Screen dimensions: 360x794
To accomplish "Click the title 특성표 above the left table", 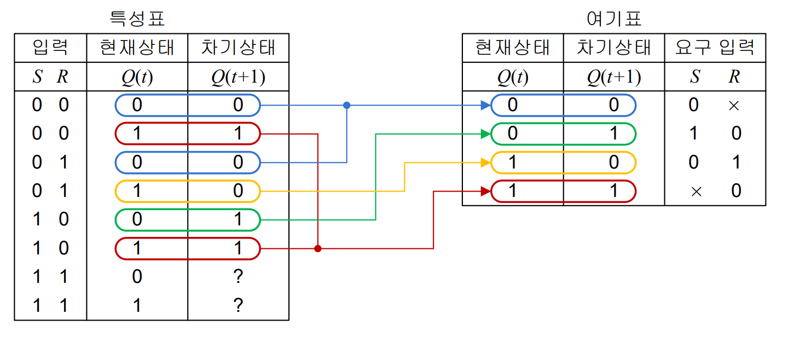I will click(137, 19).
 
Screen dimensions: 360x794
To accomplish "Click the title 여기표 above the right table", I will click(613, 19).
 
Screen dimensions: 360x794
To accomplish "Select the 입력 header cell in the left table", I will click(50, 48).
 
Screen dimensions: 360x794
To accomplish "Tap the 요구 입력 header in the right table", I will click(715, 48).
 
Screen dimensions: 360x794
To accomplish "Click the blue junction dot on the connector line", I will click(346, 105).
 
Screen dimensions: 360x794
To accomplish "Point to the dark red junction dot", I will click(318, 248).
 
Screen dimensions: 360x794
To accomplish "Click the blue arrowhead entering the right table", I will click(485, 105).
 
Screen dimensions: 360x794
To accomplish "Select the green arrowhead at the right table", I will click(485, 133).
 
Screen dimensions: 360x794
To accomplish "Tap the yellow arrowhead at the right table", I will click(485, 162).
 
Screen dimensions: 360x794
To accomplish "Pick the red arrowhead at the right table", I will click(485, 191).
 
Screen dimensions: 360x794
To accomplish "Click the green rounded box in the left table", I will click(187, 219).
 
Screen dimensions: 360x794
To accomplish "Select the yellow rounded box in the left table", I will click(187, 191).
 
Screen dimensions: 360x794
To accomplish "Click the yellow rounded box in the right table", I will click(563, 162).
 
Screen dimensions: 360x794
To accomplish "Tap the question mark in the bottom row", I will click(237, 305).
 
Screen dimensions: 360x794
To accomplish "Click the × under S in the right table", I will click(695, 191).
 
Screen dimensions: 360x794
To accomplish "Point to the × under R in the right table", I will click(734, 106).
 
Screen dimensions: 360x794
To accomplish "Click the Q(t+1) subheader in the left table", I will click(238, 77).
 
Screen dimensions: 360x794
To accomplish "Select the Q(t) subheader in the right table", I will click(513, 77).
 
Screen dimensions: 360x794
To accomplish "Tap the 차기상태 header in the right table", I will click(614, 48).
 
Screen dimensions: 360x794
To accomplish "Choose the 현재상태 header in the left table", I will click(137, 48).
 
